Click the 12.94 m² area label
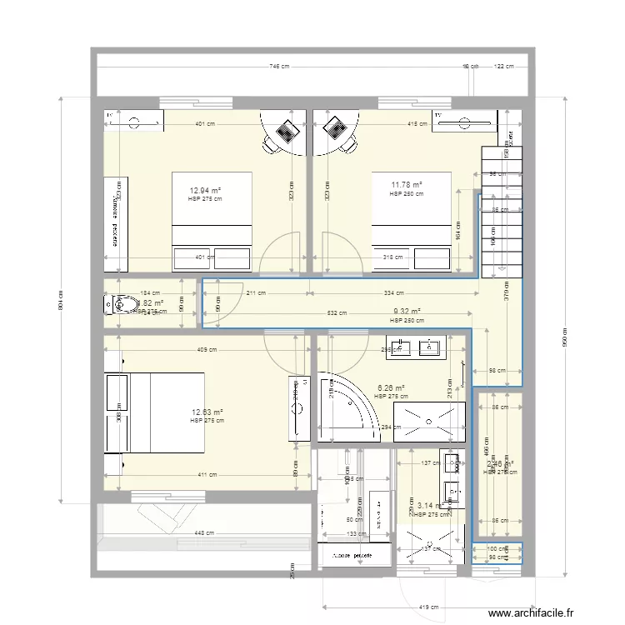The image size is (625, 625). (x=204, y=190)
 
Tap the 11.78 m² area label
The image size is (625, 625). (x=406, y=185)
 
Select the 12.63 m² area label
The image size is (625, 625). (x=206, y=412)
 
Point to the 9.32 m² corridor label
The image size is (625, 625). (x=407, y=312)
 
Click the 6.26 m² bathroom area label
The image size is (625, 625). (x=391, y=387)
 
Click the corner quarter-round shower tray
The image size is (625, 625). (x=349, y=408)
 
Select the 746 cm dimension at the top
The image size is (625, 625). (x=278, y=67)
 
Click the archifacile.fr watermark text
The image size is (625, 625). (x=532, y=614)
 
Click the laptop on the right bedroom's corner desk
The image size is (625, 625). (x=335, y=130)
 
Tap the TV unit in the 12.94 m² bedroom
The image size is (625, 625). (x=133, y=121)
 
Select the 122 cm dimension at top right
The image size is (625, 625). (x=503, y=67)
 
